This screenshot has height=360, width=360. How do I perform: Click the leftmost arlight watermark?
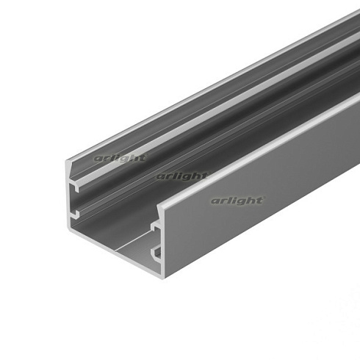click(120, 157)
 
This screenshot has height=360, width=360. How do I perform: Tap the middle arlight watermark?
click(181, 176)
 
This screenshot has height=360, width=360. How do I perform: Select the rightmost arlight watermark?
click(237, 200)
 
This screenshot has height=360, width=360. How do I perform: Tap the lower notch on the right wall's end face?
click(156, 254)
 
